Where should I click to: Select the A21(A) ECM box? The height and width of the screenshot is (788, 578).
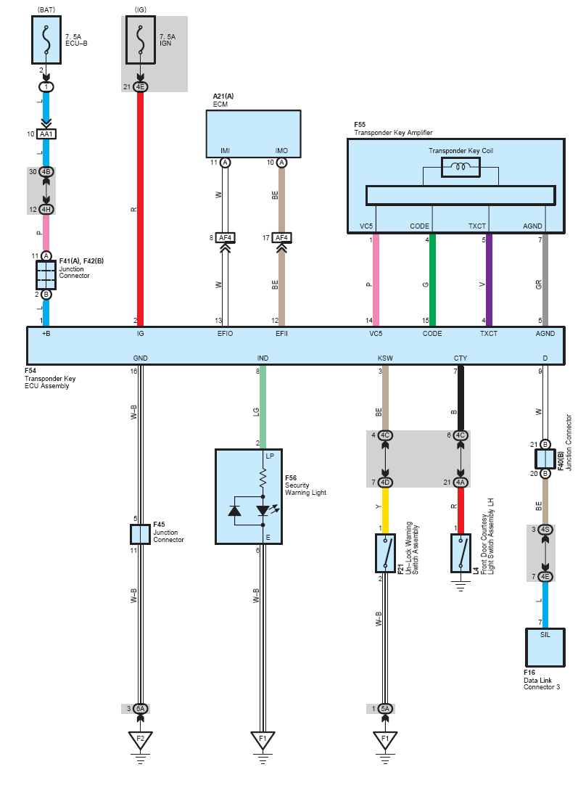pos(254,133)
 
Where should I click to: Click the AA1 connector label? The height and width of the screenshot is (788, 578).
pos(46,135)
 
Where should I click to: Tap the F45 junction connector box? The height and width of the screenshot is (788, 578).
pos(140,534)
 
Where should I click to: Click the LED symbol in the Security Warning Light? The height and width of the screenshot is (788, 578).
pos(263,511)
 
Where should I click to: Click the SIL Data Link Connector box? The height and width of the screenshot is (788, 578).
pos(544,647)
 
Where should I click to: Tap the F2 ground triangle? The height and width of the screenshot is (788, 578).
pos(140,740)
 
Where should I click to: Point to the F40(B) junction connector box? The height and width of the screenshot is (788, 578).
pos(545,459)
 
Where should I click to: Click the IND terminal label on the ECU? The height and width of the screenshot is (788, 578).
pos(263,358)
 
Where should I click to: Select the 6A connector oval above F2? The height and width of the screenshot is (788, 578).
pos(141,708)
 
